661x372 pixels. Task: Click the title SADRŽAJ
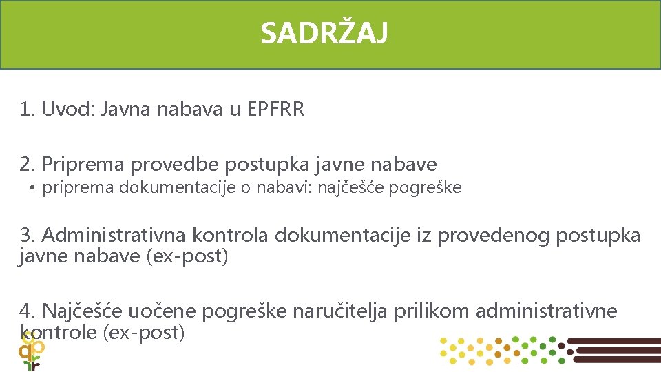pos(324,33)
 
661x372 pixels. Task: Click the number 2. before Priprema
pos(28,165)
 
